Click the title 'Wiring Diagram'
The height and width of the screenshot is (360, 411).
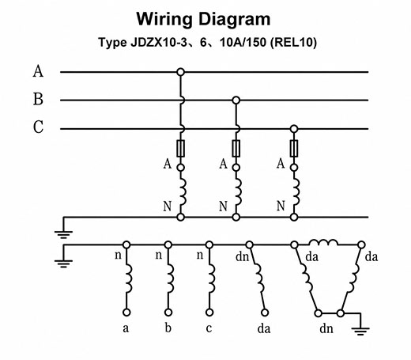coord(203,20)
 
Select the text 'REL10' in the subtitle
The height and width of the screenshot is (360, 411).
coord(293,42)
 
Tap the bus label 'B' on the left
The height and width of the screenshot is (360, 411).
coord(38,99)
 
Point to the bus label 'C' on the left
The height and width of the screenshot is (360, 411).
coord(38,127)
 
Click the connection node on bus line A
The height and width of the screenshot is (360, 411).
coord(180,72)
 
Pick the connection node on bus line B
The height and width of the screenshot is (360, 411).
coord(236,100)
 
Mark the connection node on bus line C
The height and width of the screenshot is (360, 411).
coord(294,129)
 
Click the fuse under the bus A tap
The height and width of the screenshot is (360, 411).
coord(180,149)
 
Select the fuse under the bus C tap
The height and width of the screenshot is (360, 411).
coord(294,149)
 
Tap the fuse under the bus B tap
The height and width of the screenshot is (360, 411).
coord(236,149)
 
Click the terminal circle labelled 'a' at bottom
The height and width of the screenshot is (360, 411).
coord(126,313)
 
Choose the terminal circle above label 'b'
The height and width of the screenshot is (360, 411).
coord(168,313)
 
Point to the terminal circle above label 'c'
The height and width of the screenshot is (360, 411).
coord(209,313)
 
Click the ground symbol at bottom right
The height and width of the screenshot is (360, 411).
coord(360,331)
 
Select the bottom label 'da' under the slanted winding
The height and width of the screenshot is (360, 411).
coord(264,329)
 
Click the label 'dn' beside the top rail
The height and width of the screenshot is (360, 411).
coord(242,256)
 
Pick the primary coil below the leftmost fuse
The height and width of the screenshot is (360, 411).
coord(183,192)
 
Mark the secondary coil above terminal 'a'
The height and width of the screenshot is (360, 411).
coord(129,279)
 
